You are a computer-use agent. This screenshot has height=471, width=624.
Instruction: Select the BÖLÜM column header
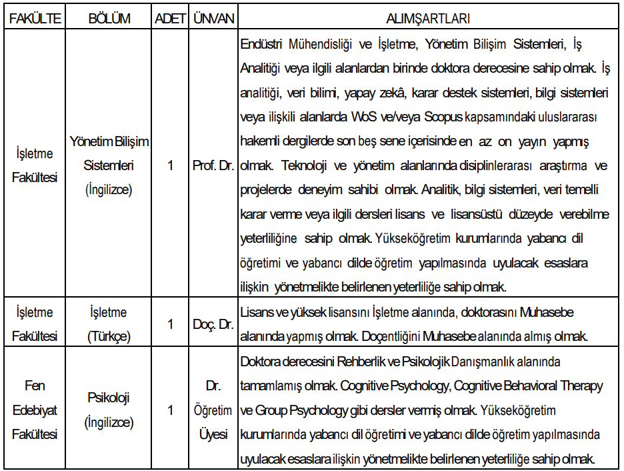coord(109,19)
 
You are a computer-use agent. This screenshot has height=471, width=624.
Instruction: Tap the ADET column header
coord(170,19)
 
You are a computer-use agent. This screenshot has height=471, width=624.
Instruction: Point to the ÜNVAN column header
coord(213,19)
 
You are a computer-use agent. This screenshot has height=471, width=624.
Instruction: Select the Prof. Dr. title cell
coord(213,165)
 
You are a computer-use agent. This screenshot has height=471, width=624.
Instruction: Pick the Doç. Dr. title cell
coord(213,324)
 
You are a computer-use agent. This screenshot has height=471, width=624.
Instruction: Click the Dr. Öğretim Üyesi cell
coord(213,410)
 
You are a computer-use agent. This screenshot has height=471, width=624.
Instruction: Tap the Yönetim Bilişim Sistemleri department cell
coord(109,165)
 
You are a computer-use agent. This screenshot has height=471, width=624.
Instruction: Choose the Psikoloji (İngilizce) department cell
coord(109,410)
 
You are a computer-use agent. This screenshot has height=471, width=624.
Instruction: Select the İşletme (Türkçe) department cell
coord(109,324)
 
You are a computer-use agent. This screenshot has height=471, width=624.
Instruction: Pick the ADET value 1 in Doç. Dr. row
coord(170,324)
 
